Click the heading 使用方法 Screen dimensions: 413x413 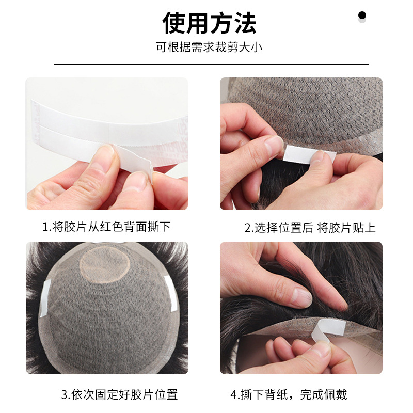[209, 23]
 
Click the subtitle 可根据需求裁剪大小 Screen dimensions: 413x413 [209, 47]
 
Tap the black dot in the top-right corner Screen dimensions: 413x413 [362, 15]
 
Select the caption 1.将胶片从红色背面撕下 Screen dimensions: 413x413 [106, 227]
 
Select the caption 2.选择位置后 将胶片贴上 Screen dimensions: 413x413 [310, 227]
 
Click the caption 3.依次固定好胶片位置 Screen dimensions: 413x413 [119, 395]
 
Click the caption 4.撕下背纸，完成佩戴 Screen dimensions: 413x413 [289, 395]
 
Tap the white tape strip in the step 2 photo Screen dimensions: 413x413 [310, 153]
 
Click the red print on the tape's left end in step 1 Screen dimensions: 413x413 [36, 121]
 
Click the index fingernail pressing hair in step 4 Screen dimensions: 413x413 [301, 297]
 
